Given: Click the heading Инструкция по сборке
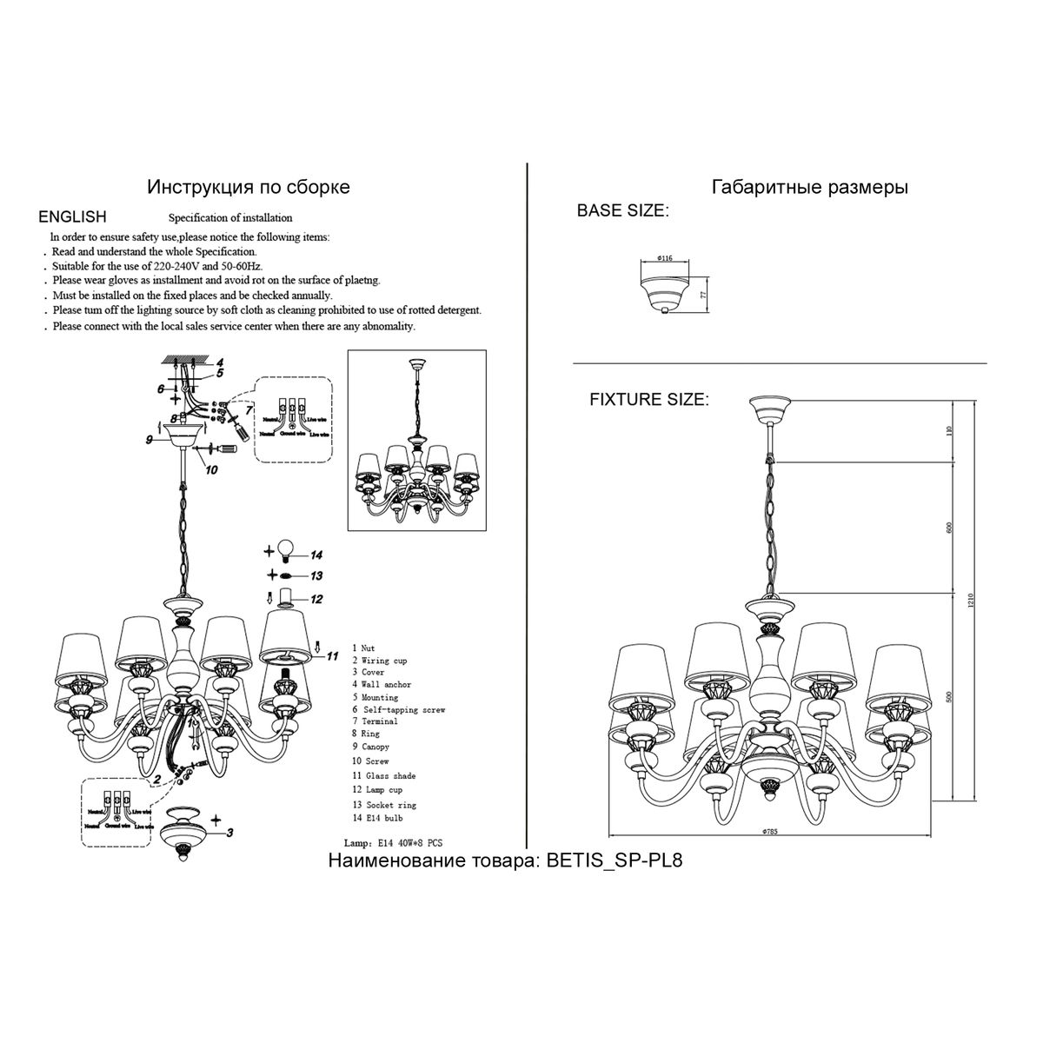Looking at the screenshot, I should click(249, 187).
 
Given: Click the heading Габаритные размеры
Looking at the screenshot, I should click(809, 187).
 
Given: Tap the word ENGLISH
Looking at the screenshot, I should click(73, 217).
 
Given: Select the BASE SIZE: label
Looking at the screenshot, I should click(621, 211).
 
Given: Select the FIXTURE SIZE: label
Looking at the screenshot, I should click(648, 400).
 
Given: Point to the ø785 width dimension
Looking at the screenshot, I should click(768, 831).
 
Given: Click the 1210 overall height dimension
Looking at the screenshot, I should click(971, 601).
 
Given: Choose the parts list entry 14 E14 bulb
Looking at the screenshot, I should click(377, 818).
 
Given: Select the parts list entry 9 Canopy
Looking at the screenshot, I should click(370, 747).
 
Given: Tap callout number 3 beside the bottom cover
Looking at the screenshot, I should click(229, 833).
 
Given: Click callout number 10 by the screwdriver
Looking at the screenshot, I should click(211, 470).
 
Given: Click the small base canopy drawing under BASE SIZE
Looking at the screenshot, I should click(666, 293).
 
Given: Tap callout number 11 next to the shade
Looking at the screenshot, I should click(331, 657).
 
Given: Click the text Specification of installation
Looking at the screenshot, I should click(230, 218).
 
